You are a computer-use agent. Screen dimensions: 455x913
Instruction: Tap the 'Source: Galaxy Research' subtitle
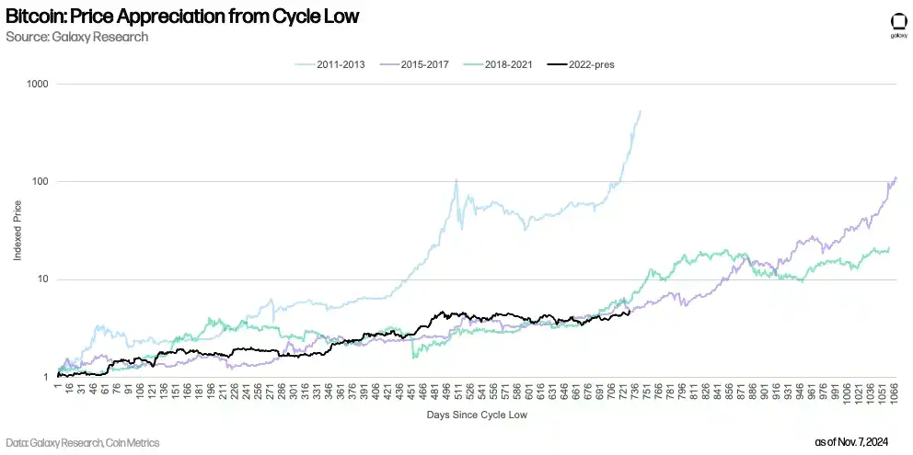(76, 37)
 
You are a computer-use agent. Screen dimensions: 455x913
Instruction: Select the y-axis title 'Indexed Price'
(17, 231)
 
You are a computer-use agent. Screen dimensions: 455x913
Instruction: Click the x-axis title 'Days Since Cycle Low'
(477, 415)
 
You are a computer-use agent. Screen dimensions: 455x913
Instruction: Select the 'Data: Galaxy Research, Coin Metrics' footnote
(82, 442)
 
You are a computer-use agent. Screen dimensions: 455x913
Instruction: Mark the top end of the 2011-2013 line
(641, 111)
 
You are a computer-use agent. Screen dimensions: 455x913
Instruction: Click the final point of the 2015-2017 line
(896, 177)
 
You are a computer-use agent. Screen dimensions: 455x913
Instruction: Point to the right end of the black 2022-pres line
(630, 311)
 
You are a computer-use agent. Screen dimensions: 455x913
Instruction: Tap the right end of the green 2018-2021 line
(889, 248)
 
